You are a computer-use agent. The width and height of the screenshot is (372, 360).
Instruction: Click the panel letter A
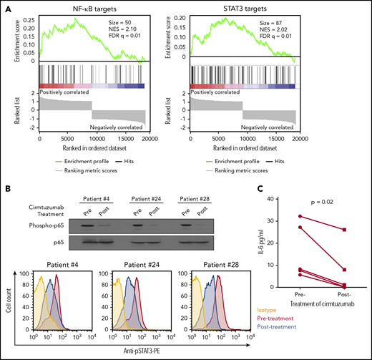(x=6, y=8)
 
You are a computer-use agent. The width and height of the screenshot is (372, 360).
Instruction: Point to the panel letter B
(x=6, y=189)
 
